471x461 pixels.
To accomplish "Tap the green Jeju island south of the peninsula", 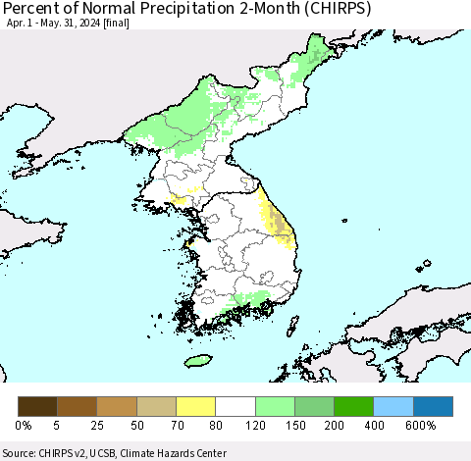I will [x=197, y=360].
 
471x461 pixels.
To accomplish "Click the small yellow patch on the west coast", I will [x=179, y=200].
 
